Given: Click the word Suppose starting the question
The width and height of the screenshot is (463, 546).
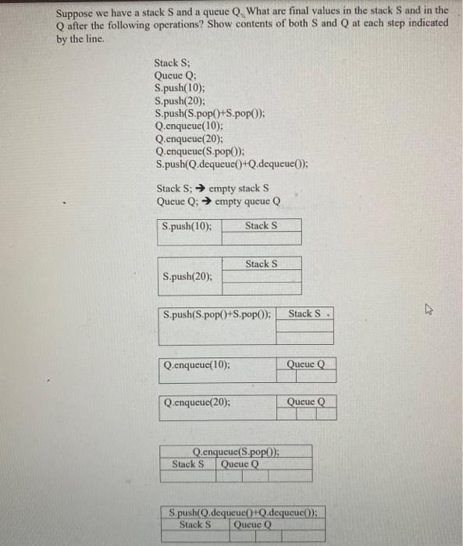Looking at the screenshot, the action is click(x=76, y=11).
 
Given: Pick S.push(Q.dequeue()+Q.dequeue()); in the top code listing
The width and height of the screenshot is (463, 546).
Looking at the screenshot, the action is click(x=232, y=165).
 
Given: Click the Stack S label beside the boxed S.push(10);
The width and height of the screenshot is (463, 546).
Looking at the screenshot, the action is click(x=261, y=226).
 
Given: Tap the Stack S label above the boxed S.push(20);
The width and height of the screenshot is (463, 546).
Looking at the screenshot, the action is click(x=261, y=264).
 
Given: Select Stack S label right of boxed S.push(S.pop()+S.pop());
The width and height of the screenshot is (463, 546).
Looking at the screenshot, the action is click(x=305, y=314).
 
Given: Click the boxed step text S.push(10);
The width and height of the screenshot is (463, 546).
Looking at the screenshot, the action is click(x=187, y=226).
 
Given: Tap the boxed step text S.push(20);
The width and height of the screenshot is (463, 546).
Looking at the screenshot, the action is click(x=187, y=276).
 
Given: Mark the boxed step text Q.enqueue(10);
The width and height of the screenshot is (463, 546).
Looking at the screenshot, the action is click(x=197, y=364).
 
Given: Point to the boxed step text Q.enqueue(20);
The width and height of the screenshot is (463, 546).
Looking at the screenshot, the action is click(x=197, y=402).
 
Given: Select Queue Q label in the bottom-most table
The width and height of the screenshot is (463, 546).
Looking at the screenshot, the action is click(x=251, y=525).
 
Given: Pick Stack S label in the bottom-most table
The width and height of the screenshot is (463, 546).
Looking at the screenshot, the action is click(x=195, y=525).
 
